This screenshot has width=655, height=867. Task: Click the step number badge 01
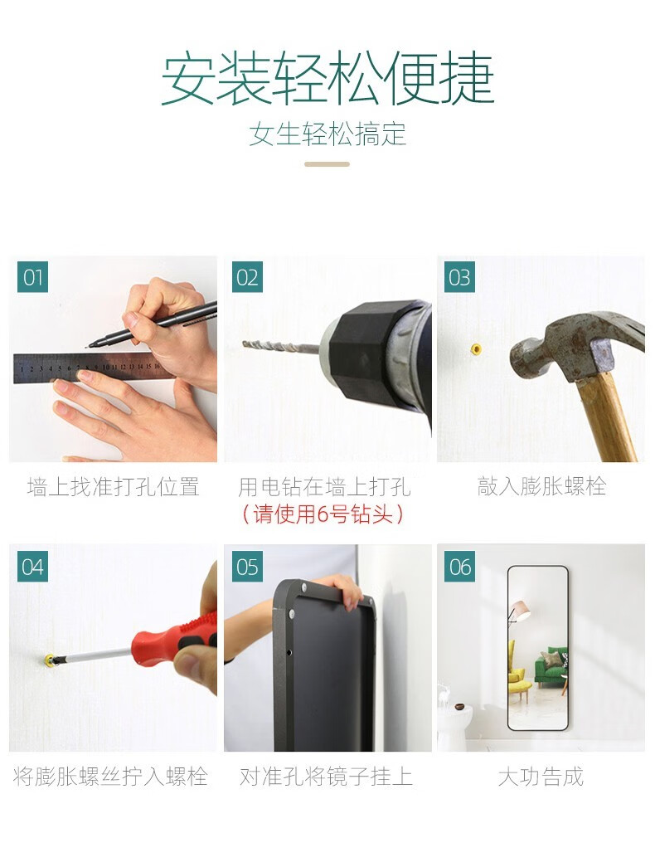32,277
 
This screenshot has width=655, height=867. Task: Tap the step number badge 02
247,277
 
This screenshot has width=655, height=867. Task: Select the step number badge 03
460,277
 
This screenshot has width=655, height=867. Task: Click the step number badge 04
32,567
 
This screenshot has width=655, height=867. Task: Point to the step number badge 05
247,567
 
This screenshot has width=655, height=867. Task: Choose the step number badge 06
460,567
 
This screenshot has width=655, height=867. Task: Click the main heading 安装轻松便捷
327,78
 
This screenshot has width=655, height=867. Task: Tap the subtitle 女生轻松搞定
327,134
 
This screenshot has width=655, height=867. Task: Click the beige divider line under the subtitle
327,164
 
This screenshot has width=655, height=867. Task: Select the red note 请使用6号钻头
323,514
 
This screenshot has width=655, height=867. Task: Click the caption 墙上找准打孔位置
114,487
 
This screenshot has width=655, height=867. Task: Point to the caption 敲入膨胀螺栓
541,486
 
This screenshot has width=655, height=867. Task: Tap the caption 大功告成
541,777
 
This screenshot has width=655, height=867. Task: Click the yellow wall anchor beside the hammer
476,349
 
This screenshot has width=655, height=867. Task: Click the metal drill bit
281,348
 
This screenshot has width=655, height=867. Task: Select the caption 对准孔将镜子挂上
326,777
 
